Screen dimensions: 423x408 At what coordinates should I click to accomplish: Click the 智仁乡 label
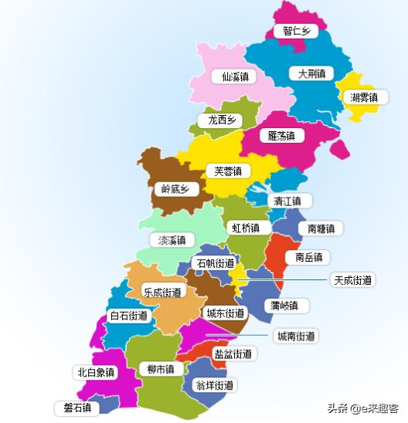(x=296, y=31)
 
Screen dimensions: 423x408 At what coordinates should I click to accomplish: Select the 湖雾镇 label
(x=363, y=97)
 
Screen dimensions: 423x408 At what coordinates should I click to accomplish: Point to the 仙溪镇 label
(x=234, y=77)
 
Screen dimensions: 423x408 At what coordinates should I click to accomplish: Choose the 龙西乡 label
(x=220, y=120)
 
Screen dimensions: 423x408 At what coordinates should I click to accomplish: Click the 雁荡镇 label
(x=281, y=136)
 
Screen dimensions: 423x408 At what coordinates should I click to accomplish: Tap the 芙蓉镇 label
(x=227, y=171)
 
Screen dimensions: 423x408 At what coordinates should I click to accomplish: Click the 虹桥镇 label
(x=250, y=228)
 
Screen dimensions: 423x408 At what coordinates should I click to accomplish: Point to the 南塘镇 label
(x=321, y=228)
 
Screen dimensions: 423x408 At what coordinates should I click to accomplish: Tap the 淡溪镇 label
(x=172, y=240)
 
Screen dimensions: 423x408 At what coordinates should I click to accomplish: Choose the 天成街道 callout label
(x=352, y=279)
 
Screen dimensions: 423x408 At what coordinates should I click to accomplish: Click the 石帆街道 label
(x=215, y=263)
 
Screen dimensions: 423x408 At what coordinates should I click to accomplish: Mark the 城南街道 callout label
(x=295, y=336)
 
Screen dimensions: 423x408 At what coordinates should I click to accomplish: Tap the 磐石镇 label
(x=77, y=407)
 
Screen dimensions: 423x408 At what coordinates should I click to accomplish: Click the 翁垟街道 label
(x=214, y=384)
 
